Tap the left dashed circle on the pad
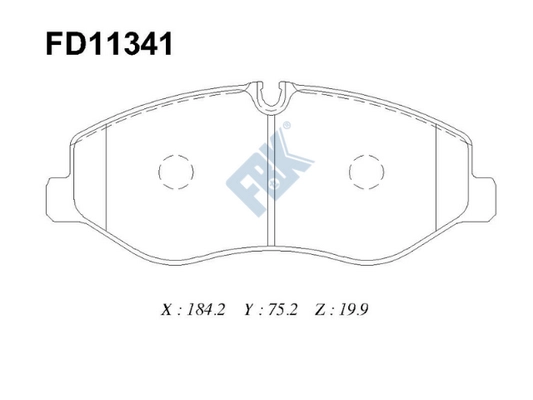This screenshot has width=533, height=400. pyautogui.click(x=174, y=171)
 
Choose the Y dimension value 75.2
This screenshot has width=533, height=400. pyautogui.click(x=283, y=311)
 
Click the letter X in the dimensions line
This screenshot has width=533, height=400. pyautogui.click(x=165, y=311)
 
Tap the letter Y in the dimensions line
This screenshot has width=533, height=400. pyautogui.click(x=247, y=311)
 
